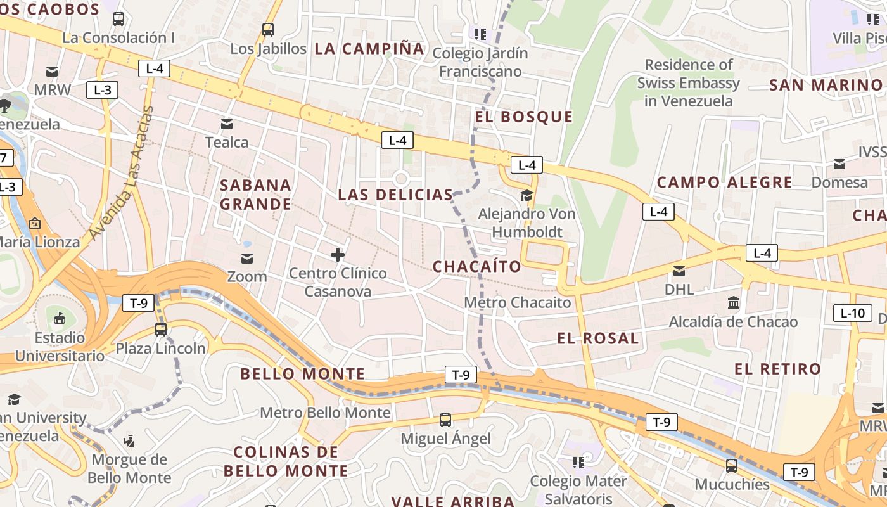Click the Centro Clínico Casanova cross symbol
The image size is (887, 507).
coord(338,255)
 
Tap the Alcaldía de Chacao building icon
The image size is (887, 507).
coord(734,303)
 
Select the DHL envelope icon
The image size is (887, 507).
coord(679,271)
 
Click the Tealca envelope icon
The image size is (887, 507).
coord(226,124)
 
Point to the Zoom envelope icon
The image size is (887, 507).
coord(246,258)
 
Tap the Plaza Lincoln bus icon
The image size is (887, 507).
coord(161,330)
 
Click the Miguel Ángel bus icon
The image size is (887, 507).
coord(445,420)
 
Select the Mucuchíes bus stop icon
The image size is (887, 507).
coord(732,466)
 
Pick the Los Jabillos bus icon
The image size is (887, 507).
coord(268,29)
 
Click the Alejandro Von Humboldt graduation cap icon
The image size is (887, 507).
coord(526,195)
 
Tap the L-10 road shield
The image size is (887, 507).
coord(852,312)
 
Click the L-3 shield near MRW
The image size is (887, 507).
coord(102,90)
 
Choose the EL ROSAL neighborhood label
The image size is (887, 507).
coord(598,338)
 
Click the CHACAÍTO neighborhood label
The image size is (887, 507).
coord(476,267)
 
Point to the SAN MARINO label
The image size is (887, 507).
coord(826,85)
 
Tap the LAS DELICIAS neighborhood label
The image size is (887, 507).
coord(395,195)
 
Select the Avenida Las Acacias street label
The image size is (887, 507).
coord(122,174)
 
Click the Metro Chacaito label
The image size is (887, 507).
coord(518,302)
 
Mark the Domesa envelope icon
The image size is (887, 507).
coord(839,164)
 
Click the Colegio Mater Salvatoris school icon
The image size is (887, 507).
coord(578,463)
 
